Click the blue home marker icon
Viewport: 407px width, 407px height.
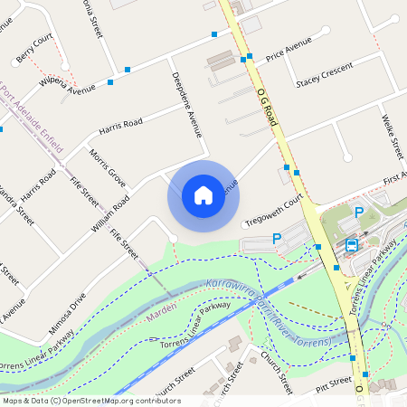203,195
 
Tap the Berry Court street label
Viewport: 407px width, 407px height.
35,47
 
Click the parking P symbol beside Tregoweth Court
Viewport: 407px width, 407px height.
278,237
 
